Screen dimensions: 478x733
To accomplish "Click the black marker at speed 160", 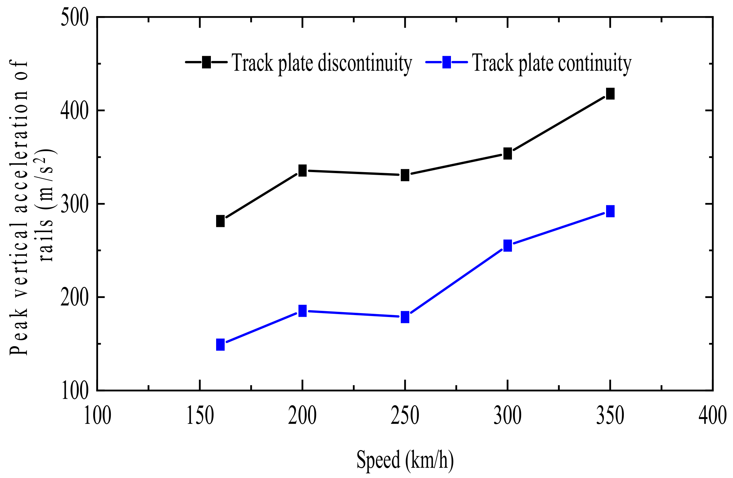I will click(220, 221).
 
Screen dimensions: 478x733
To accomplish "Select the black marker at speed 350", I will click(610, 94).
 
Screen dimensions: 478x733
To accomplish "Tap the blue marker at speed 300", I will click(507, 245).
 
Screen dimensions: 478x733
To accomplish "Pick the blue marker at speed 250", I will click(405, 317).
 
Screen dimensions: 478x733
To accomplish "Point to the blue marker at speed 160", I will click(220, 345).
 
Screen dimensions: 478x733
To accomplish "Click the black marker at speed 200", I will click(302, 171).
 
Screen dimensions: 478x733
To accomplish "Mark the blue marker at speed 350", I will click(610, 211).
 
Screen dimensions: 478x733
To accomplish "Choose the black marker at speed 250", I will click(405, 175).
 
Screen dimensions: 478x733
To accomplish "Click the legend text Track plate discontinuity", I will click(322, 63).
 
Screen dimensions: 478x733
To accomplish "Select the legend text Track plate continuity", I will click(552, 63).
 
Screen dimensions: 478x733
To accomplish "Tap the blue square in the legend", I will click(446, 62).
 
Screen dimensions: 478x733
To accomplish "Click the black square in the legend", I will click(206, 62).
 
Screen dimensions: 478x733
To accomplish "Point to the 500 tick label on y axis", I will click(75, 18).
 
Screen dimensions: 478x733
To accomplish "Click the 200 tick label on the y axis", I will click(75, 298).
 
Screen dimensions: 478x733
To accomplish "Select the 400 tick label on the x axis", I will click(712, 416).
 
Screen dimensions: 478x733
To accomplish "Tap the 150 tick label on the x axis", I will click(200, 416).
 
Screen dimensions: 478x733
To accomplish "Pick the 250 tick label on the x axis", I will click(405, 416).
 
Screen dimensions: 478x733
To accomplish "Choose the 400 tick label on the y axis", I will click(75, 111).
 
